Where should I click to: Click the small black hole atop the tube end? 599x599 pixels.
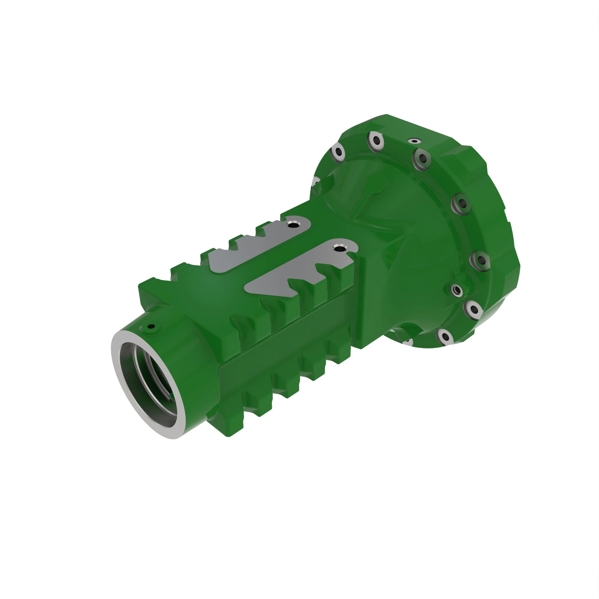coord(151,326)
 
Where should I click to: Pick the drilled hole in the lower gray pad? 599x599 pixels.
coord(339,248)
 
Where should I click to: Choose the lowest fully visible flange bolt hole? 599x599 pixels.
coord(445,337)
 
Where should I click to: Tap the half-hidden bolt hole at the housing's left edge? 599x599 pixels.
coord(316,183)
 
